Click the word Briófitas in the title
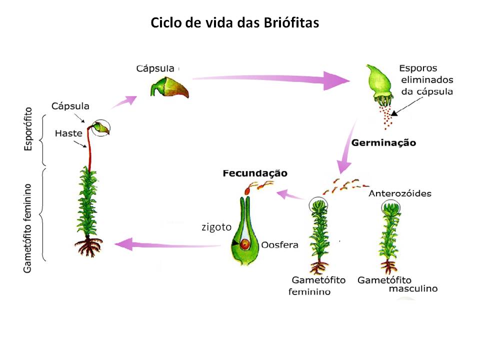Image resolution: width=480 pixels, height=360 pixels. (291, 23)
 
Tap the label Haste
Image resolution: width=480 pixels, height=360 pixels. (68, 133)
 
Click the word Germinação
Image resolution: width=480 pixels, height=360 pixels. (384, 143)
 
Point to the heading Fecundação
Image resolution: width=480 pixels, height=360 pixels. (255, 173)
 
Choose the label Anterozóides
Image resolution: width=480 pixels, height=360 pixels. (399, 193)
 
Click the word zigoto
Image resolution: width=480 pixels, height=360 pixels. (216, 227)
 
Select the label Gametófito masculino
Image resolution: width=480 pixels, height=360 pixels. (397, 284)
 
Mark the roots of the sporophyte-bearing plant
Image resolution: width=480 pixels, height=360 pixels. (88, 246)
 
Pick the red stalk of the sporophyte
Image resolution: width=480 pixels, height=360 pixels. (90, 150)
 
